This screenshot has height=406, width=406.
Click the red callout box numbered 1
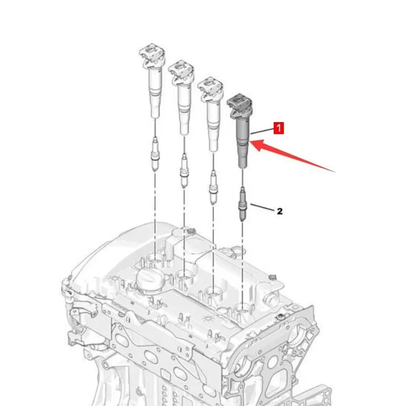tap(279, 128)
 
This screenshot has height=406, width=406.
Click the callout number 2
tap(280, 211)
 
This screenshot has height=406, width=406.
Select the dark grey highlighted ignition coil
tap(240, 131)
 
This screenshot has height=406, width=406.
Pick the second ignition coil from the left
tap(182, 97)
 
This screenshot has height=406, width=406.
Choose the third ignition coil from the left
tap(211, 114)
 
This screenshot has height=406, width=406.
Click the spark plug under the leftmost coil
tap(155, 154)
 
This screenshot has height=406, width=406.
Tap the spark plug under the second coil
tap(184, 171)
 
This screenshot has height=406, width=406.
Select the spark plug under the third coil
tap(213, 187)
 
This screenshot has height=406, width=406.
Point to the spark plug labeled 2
tap(243, 204)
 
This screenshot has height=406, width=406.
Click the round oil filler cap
tap(150, 281)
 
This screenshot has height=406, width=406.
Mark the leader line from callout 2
tap(262, 207)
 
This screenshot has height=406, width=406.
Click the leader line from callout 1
tap(262, 131)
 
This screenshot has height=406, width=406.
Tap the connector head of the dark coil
tap(240, 106)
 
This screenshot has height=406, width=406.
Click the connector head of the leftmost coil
tap(152, 56)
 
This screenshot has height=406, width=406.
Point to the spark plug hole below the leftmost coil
tap(155, 260)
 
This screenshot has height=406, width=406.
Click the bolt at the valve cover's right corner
tap(280, 317)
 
